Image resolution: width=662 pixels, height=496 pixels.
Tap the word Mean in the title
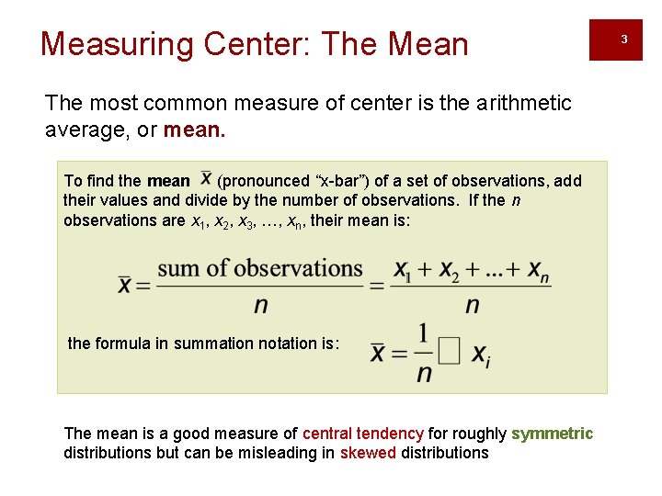[x=428, y=44]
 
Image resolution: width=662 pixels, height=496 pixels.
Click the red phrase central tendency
[x=362, y=434]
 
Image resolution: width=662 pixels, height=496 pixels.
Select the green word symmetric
[x=552, y=434]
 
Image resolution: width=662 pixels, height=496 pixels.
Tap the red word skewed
[x=368, y=453]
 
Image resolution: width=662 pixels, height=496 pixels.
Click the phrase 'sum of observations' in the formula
[x=260, y=268]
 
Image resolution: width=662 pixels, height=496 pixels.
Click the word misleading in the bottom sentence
[x=289, y=453]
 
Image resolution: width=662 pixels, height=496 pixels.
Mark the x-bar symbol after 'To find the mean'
[x=205, y=177]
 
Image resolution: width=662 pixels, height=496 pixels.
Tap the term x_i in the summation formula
[x=481, y=356]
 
